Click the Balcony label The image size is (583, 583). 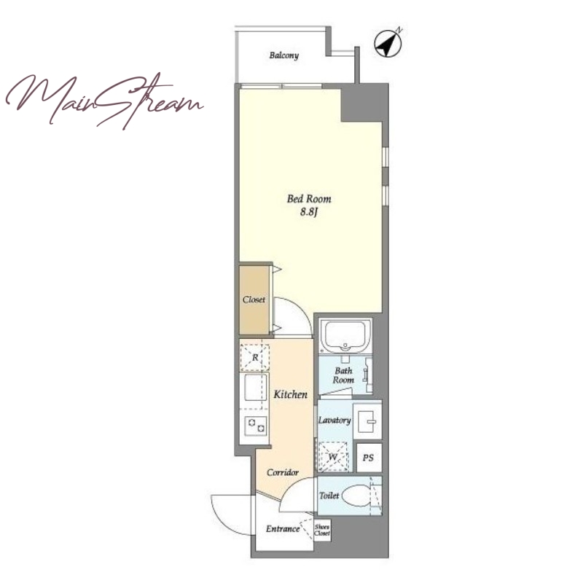pos(283,55)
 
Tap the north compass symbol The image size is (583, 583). pos(388,43)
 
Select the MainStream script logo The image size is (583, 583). pos(104,100)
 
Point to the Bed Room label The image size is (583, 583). pos(308,199)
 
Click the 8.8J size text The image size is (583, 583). pos(309,213)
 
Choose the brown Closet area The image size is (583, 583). pos(254,300)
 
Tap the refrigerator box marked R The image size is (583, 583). pos(254,357)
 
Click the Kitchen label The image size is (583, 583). pos(290,394)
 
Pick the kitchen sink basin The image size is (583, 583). pos(256,387)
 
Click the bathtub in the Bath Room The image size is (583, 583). pos(345,335)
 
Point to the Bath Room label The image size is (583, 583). pos(343,375)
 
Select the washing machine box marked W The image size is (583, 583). pos(333,456)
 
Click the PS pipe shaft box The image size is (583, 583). pos(369,458)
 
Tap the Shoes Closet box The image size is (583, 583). pos(322,531)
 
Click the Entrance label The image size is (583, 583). pos(283,529)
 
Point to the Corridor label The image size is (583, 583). pos(283,472)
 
